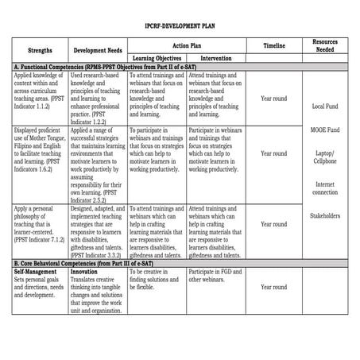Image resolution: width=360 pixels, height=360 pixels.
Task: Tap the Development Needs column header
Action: coord(96,48)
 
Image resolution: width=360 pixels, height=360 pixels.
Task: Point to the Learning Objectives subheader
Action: coord(155,58)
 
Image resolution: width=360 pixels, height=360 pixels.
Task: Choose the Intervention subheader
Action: coord(216,58)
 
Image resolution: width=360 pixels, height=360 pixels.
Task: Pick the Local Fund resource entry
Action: coord(325,106)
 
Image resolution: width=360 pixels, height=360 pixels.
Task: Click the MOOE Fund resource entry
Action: coord(325,130)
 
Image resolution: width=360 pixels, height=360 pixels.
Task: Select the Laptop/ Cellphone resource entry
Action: coord(325,157)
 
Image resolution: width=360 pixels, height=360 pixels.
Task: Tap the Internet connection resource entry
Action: coord(325,188)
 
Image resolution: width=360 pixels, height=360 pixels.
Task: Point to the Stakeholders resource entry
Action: coord(325,215)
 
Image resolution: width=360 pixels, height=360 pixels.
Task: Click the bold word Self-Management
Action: coord(34,271)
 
